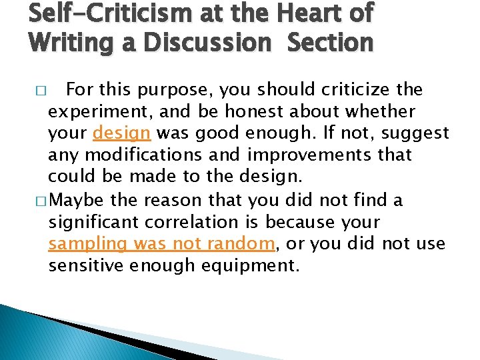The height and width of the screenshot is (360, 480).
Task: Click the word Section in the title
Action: pyautogui.click(x=331, y=43)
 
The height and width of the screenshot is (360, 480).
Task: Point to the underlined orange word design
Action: pyautogui.click(x=121, y=133)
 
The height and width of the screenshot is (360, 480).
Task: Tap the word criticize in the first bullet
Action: pyautogui.click(x=356, y=89)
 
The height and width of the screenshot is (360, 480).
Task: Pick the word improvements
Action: pyautogui.click(x=316, y=155)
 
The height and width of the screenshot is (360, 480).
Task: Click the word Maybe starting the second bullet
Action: pyautogui.click(x=78, y=200)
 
